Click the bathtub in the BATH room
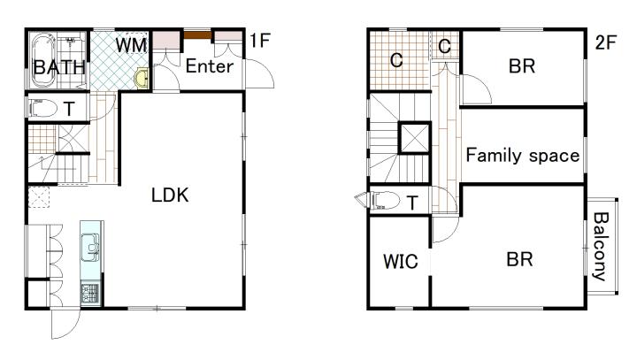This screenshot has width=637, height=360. pyautogui.click(x=43, y=60)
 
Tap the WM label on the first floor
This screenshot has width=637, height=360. pyautogui.click(x=131, y=45)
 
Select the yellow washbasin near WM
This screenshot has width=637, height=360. pyautogui.click(x=142, y=78)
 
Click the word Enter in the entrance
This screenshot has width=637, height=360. pyautogui.click(x=210, y=66)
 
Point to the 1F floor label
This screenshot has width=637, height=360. pyautogui.click(x=260, y=41)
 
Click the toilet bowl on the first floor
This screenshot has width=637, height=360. pyautogui.click(x=43, y=108)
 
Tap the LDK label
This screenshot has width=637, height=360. pyautogui.click(x=170, y=195)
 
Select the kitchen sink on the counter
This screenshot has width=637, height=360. pyautogui.click(x=90, y=247)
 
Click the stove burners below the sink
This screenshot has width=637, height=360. pyautogui.click(x=90, y=294)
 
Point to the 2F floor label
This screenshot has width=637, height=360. pyautogui.click(x=606, y=42)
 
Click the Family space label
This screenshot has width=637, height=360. pyautogui.click(x=523, y=156)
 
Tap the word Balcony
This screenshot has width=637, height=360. pyautogui.click(x=601, y=246)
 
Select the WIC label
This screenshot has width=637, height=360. pyautogui.click(x=401, y=261)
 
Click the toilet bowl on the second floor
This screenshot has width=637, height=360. pyautogui.click(x=383, y=200)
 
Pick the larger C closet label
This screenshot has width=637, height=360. pyautogui.click(x=396, y=60)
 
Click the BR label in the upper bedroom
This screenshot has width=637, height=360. pyautogui.click(x=522, y=65)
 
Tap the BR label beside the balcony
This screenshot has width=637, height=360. pyautogui.click(x=520, y=259)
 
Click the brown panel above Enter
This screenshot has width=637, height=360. pyautogui.click(x=198, y=35)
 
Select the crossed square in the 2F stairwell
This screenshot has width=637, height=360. pyautogui.click(x=414, y=138)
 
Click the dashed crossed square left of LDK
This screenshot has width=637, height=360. pyautogui.click(x=40, y=197)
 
